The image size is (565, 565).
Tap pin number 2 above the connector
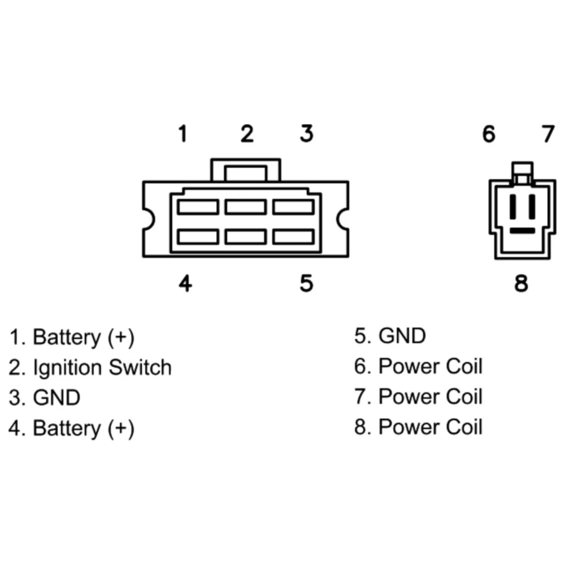pyautogui.click(x=247, y=134)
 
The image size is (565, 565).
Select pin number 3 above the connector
pyautogui.click(x=307, y=134)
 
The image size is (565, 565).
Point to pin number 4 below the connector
pyautogui.click(x=185, y=283)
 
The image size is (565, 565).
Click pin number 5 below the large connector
pyautogui.click(x=307, y=283)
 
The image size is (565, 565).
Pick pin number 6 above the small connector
pyautogui.click(x=489, y=134)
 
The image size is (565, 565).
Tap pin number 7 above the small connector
pyautogui.click(x=549, y=134)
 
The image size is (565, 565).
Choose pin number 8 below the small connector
pyautogui.click(x=521, y=283)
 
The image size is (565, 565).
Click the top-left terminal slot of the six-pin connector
pyautogui.click(x=198, y=207)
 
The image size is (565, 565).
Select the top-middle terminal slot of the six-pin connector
pyautogui.click(x=246, y=207)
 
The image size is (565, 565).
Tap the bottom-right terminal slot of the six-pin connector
pyautogui.click(x=294, y=237)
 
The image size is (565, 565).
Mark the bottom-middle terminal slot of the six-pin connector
pyautogui.click(x=246, y=237)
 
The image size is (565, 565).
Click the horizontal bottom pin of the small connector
pyautogui.click(x=523, y=231)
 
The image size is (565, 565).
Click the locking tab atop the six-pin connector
pyautogui.click(x=246, y=169)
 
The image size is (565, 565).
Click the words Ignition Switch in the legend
pyautogui.click(x=102, y=368)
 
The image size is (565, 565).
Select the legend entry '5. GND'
pyautogui.click(x=390, y=336)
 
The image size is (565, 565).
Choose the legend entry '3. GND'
pyautogui.click(x=44, y=398)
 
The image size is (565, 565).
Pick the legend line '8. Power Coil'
pyautogui.click(x=418, y=427)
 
